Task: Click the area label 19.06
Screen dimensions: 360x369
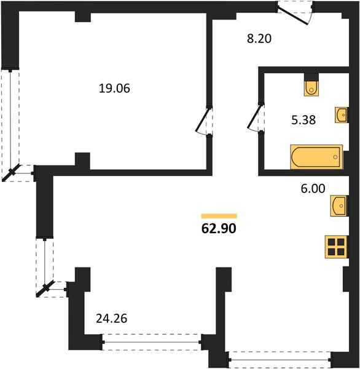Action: (x=114, y=89)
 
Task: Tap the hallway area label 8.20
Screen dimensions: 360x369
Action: (x=259, y=39)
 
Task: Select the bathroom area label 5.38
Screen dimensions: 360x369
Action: (x=303, y=120)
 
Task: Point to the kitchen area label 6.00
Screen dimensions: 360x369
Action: (x=313, y=189)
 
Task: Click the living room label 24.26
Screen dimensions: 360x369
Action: (x=112, y=319)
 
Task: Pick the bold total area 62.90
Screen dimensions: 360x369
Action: (x=219, y=228)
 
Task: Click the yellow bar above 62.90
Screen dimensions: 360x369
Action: (x=219, y=216)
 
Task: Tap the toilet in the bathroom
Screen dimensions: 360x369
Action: (x=311, y=89)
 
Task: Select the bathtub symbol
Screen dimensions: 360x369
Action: (x=316, y=157)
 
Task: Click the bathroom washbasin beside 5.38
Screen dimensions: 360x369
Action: (x=342, y=115)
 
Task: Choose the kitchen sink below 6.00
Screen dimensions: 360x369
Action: (x=339, y=206)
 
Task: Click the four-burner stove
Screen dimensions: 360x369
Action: (x=337, y=247)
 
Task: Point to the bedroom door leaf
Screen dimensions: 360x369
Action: (x=202, y=119)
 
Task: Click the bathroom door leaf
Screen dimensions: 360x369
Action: (x=254, y=117)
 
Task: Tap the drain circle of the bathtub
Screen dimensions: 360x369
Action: (x=335, y=157)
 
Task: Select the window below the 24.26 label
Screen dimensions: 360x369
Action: (x=152, y=342)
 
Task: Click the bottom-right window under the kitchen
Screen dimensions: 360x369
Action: (x=280, y=360)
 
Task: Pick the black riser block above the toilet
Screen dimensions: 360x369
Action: (x=311, y=77)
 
